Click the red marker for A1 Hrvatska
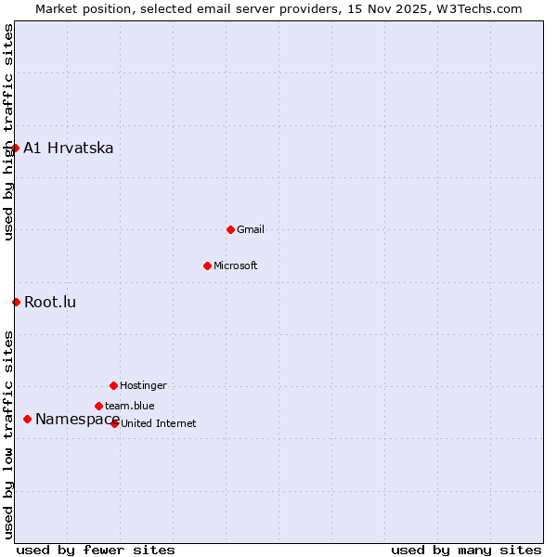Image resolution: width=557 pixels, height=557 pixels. point(15,148)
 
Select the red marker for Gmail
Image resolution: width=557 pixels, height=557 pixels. point(230,229)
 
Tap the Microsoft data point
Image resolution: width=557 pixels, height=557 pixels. point(207,266)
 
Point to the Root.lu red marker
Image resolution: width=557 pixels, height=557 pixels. point(16,302)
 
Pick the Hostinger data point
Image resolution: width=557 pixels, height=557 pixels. point(113,385)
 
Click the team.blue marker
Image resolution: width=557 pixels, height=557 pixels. point(98,406)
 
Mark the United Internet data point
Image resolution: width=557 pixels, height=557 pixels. point(115,423)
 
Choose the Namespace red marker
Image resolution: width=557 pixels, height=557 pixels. point(28,420)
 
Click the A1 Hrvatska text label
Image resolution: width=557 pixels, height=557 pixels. point(69,149)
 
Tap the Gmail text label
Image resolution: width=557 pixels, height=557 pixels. point(251,229)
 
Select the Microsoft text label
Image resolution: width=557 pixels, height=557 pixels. point(236,266)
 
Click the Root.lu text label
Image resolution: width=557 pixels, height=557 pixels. point(50,303)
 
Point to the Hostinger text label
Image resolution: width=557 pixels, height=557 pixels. point(144,385)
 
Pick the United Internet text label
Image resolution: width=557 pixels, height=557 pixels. point(159,423)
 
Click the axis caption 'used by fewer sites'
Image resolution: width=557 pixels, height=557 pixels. point(96,550)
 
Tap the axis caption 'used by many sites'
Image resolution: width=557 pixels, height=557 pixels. point(466,550)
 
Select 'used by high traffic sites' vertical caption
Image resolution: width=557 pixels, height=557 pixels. point(8,132)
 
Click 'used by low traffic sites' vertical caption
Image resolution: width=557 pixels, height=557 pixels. point(8,434)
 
